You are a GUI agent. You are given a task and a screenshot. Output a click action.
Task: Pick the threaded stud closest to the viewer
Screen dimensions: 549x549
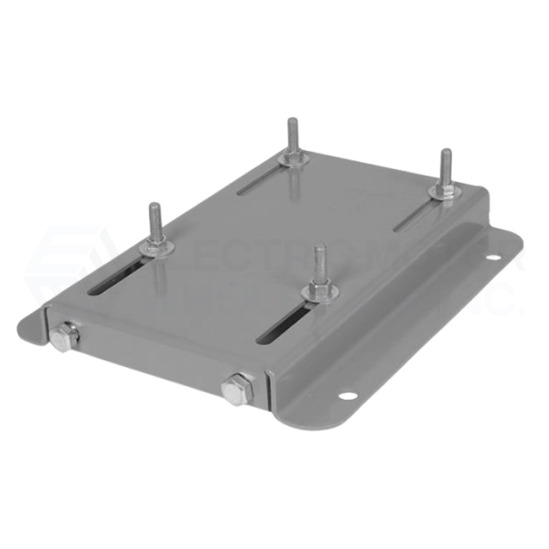click(x=318, y=264)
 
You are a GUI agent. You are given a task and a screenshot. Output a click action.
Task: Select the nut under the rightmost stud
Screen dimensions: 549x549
click(x=444, y=190)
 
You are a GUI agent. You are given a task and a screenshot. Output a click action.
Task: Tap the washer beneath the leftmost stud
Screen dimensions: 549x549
click(x=154, y=247)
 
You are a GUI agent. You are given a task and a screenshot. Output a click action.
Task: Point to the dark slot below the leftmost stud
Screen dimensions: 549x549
click(x=119, y=279)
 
